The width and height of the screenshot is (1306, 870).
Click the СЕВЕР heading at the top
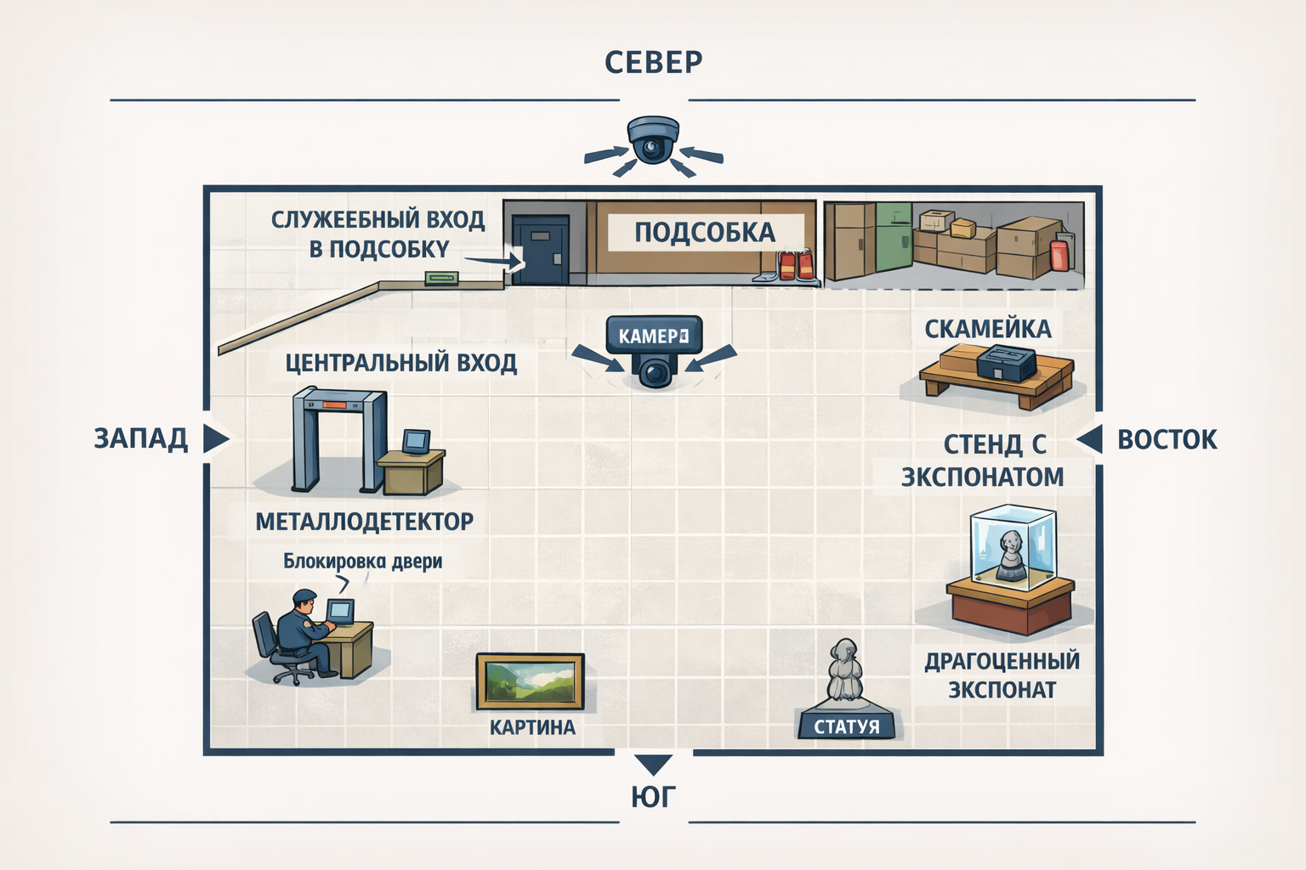(x=653, y=62)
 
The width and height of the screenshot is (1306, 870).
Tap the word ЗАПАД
(x=140, y=438)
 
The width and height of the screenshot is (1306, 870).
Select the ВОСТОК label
(x=1167, y=439)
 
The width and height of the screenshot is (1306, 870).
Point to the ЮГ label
(x=653, y=797)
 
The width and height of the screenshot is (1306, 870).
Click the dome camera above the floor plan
(x=652, y=140)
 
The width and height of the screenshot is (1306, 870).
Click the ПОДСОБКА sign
(x=704, y=232)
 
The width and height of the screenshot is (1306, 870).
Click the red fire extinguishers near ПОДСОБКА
(x=796, y=264)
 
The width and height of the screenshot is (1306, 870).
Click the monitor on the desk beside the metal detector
(x=416, y=442)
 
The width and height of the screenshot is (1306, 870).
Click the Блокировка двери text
(x=362, y=561)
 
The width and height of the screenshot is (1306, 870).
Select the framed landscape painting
(x=530, y=681)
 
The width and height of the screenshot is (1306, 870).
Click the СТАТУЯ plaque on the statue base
(x=847, y=726)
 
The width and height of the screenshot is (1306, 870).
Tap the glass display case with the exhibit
(x=1012, y=548)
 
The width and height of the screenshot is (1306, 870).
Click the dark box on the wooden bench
(x=1005, y=365)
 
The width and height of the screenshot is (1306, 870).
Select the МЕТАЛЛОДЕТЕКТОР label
(x=364, y=521)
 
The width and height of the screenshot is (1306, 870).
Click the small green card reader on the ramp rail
(x=441, y=278)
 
